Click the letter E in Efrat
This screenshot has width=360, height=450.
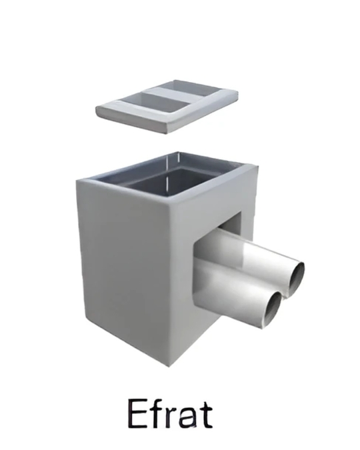point(137,413)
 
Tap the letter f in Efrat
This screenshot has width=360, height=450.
point(156,412)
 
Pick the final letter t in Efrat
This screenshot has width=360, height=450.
point(205,414)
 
